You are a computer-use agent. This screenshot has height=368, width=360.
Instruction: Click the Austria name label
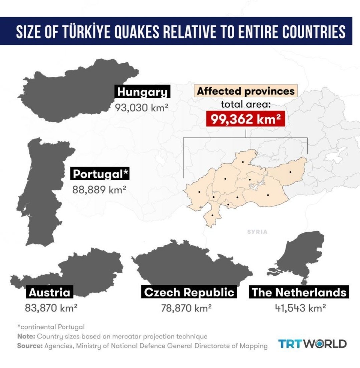(x=49, y=292)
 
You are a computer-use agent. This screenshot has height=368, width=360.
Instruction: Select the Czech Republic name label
(x=189, y=292)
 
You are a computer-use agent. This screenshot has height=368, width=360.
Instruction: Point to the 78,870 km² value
(x=187, y=308)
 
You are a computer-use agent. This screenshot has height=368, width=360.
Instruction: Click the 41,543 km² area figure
(x=300, y=308)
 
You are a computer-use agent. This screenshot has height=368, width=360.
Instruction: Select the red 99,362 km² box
(x=246, y=120)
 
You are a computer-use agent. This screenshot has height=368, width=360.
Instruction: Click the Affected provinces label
(x=246, y=91)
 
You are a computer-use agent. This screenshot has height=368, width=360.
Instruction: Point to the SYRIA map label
(x=257, y=232)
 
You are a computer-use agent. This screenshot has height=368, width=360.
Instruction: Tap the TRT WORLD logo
(x=313, y=344)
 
